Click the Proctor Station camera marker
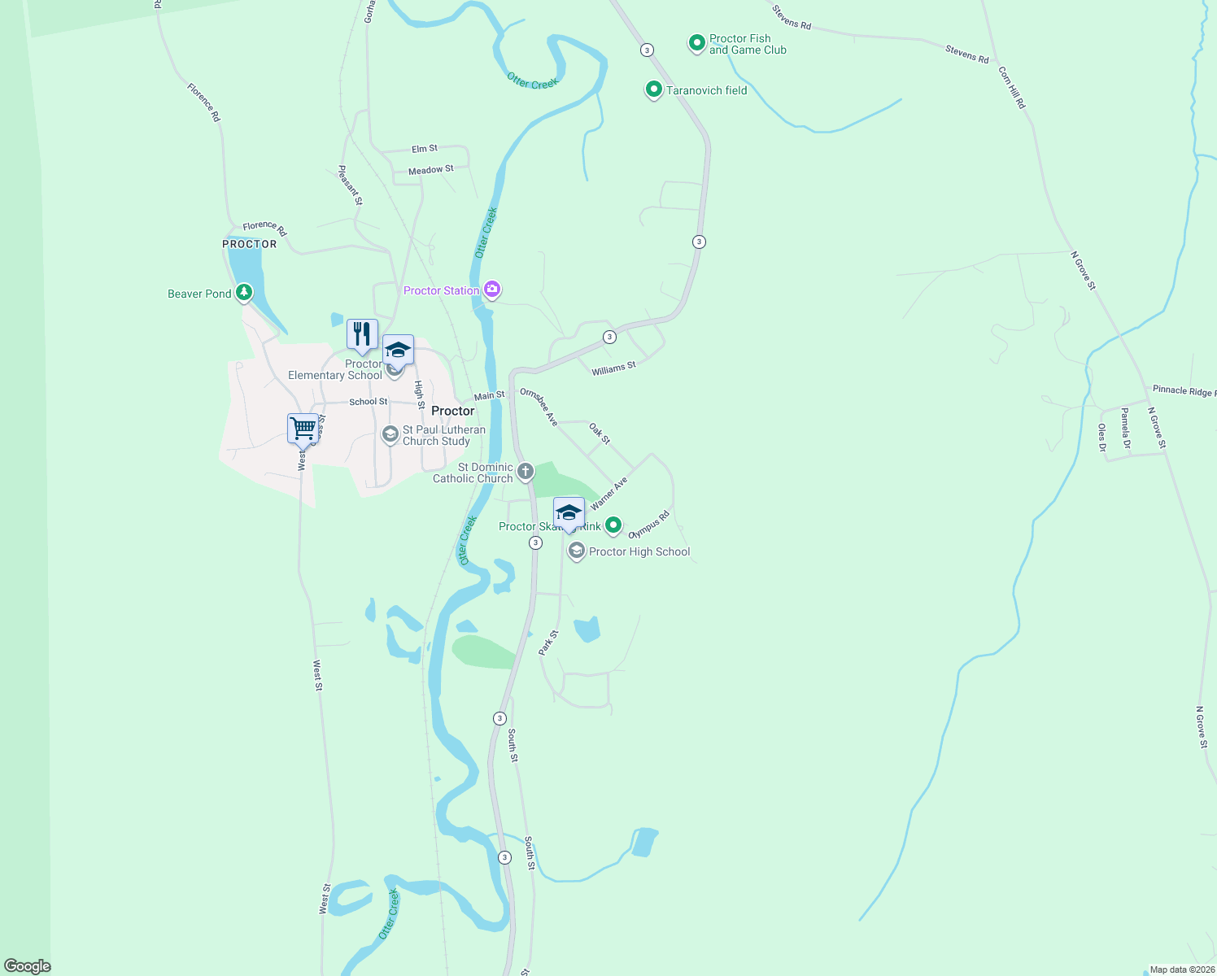pos(491,290)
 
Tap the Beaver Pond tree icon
pos(243,292)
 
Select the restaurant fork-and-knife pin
pos(362,334)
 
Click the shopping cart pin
pos(303,429)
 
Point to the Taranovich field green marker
pos(653,89)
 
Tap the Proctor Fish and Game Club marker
pos(696,42)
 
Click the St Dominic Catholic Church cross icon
pos(526,471)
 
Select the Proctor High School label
pos(639,551)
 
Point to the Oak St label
pos(600,433)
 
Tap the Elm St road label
pos(425,149)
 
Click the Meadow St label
pos(431,170)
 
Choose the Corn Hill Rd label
pos(1012,88)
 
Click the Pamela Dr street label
pos(1126,429)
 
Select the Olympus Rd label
pos(648,525)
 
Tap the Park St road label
pos(548,643)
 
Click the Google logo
pos(28,965)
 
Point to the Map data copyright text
pos(1182,969)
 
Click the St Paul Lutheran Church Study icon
pos(390,435)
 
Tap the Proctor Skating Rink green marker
pos(613,525)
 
